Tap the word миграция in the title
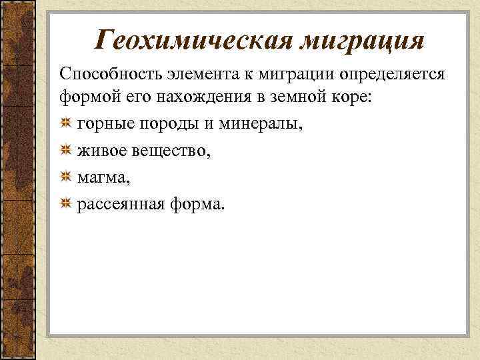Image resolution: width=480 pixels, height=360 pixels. click(x=361, y=40)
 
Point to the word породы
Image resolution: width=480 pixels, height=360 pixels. click(x=156, y=125)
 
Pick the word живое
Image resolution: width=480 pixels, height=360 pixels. click(x=99, y=151)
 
